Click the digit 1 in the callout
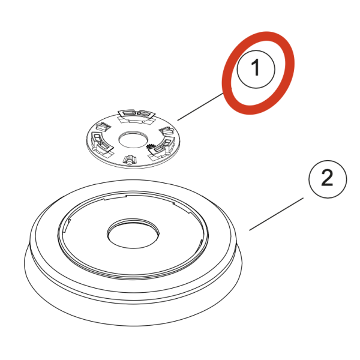(256, 67)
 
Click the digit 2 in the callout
(328, 178)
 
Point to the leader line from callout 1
(200, 107)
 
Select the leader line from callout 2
(277, 214)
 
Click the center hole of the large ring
(133, 234)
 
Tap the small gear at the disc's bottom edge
(130, 160)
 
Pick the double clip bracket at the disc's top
(136, 116)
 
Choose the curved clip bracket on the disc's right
(163, 146)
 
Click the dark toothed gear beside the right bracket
(151, 146)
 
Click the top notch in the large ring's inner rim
(115, 197)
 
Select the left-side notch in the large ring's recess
(66, 225)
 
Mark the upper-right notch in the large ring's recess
(181, 208)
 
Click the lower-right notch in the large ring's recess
(200, 245)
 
